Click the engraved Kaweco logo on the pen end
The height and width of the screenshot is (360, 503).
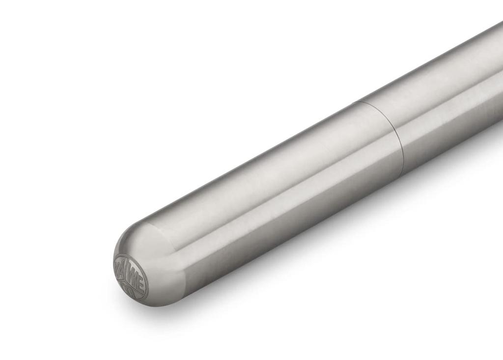pos(130,277)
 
